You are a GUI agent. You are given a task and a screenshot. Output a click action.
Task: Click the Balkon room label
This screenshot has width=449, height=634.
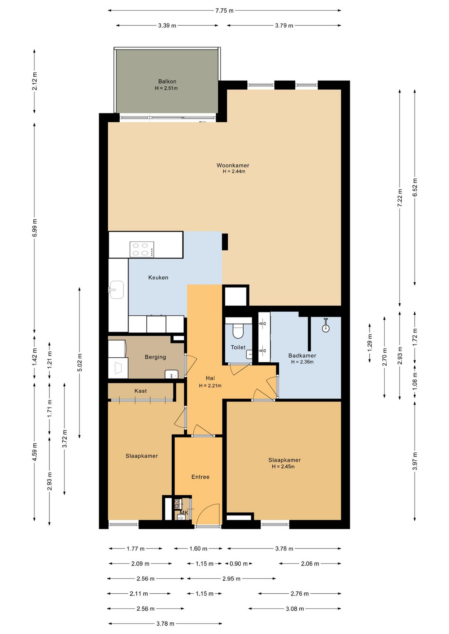click(167, 81)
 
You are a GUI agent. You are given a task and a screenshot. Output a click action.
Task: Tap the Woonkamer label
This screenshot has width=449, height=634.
click(233, 165)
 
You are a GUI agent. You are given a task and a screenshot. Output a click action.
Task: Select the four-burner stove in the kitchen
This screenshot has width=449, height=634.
click(142, 249)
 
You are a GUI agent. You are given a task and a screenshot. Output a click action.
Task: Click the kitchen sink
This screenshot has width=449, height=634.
click(116, 290)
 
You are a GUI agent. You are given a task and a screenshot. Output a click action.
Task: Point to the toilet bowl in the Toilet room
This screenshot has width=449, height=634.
click(238, 331)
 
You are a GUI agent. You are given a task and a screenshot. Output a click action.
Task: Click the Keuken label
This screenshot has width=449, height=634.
click(158, 278)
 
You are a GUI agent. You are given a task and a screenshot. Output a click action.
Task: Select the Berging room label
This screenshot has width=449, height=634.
click(155, 357)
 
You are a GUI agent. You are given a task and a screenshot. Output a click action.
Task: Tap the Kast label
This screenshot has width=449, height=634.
click(141, 391)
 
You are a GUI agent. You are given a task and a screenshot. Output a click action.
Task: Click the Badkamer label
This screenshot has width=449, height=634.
click(302, 356)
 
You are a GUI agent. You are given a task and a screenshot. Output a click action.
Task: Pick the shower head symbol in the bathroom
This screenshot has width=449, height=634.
click(326, 325)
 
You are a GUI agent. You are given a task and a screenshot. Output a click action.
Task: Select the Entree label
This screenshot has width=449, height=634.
click(200, 477)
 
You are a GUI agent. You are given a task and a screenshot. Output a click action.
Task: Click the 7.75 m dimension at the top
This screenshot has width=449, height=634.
click(224, 11)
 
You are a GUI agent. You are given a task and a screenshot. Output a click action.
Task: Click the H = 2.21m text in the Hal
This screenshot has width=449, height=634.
click(210, 386)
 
